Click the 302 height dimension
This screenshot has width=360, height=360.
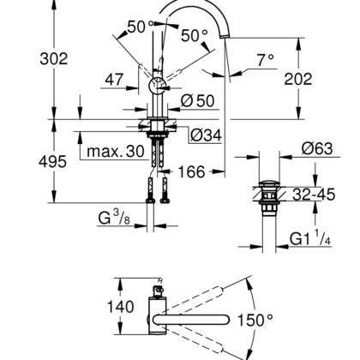click(x=54, y=58)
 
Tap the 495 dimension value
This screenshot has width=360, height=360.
click(x=52, y=162)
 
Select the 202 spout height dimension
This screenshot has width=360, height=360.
click(x=298, y=79)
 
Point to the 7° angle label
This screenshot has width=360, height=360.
click(x=266, y=60)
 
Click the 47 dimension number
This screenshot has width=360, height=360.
click(x=114, y=80)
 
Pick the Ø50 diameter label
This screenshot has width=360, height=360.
click(x=197, y=100)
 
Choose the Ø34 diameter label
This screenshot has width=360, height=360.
click(x=206, y=135)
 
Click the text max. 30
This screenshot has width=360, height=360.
click(x=116, y=151)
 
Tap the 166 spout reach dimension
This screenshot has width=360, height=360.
click(x=191, y=171)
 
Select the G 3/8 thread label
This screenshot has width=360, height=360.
click(x=114, y=218)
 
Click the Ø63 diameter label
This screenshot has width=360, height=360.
click(x=317, y=148)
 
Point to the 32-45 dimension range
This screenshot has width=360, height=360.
click(x=314, y=195)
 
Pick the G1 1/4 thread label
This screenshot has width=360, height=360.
click(x=310, y=237)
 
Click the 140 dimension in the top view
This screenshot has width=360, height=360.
click(x=120, y=307)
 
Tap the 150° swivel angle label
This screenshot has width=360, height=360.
click(x=255, y=320)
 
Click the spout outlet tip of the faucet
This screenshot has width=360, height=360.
click(x=225, y=36)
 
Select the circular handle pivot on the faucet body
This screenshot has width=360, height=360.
click(x=158, y=86)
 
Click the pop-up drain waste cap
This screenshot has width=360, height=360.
click(x=267, y=183)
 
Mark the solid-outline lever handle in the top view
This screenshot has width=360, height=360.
click(x=191, y=320)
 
